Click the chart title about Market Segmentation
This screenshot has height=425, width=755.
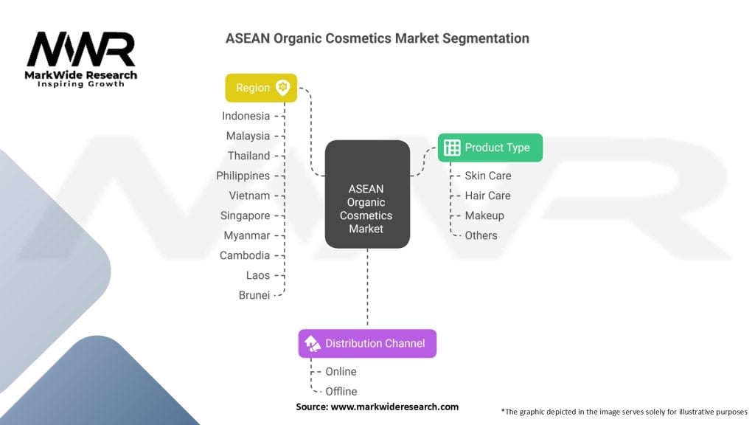pos(377,38)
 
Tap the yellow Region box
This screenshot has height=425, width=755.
pos(261,88)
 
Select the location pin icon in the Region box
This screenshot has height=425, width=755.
pos(282,88)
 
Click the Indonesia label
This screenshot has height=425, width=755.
pos(246,116)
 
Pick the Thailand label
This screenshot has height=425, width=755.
pos(248,156)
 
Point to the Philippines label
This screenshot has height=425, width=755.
pos(243,176)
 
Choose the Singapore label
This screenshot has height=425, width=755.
pos(245,215)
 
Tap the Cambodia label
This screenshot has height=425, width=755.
pos(245,255)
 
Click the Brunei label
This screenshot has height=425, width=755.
pos(254,295)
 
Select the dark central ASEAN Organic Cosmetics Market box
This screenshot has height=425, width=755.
pos(366,194)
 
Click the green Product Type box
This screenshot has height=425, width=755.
pos(490,148)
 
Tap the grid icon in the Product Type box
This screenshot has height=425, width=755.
pos(452,148)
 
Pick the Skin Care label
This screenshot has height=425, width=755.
pos(487,176)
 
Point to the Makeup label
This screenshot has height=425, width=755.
pos(484,215)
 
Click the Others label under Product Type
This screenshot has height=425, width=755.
pos(481,235)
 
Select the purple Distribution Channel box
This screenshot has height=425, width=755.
pos(367,343)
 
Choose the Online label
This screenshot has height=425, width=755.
pos(341,371)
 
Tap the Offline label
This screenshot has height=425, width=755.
pos(341,391)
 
